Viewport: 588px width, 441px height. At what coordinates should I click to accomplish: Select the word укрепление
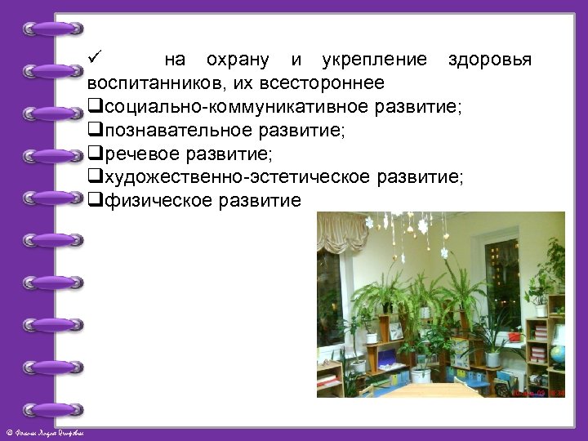(x=374, y=60)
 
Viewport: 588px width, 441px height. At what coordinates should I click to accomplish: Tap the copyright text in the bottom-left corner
(x=49, y=431)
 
